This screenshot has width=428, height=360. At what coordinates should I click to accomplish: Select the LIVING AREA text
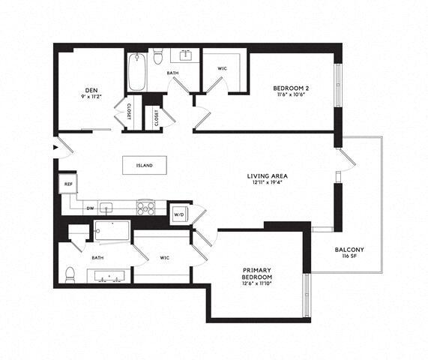tap(268, 177)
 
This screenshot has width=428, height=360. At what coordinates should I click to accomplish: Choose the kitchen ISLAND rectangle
tap(144, 165)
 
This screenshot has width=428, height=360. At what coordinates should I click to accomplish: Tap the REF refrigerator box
tap(67, 184)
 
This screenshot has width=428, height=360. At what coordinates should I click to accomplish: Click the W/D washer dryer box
tap(180, 213)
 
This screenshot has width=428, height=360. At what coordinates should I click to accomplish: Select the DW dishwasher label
tap(89, 208)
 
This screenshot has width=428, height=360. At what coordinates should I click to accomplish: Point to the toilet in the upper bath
tap(159, 57)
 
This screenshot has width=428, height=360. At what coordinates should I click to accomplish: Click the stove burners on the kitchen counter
tap(145, 207)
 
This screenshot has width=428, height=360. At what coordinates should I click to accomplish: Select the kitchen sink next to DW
tap(106, 207)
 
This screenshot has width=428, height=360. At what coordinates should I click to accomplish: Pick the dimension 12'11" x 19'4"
tap(268, 184)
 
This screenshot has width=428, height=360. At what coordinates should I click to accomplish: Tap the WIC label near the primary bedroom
tap(165, 259)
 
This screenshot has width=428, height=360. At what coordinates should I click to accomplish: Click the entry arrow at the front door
tap(55, 148)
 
